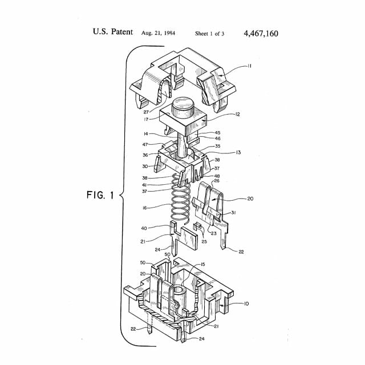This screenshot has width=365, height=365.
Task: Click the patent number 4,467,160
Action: (261, 33)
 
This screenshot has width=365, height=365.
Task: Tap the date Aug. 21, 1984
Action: (158, 33)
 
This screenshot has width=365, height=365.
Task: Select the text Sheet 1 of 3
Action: (209, 34)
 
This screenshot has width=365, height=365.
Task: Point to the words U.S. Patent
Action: (113, 33)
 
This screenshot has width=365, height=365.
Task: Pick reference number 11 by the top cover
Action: (249, 66)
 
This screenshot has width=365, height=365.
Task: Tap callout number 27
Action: (146, 112)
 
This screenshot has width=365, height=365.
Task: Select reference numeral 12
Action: (237, 114)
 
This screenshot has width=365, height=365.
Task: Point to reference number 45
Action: (217, 132)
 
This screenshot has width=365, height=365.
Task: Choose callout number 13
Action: (238, 152)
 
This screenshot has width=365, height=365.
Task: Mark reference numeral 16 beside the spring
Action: (145, 208)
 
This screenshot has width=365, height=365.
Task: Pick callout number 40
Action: (144, 228)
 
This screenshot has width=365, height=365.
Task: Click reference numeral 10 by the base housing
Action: (246, 303)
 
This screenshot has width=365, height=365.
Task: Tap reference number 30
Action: (145, 166)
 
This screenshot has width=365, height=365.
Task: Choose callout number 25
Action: (204, 242)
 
